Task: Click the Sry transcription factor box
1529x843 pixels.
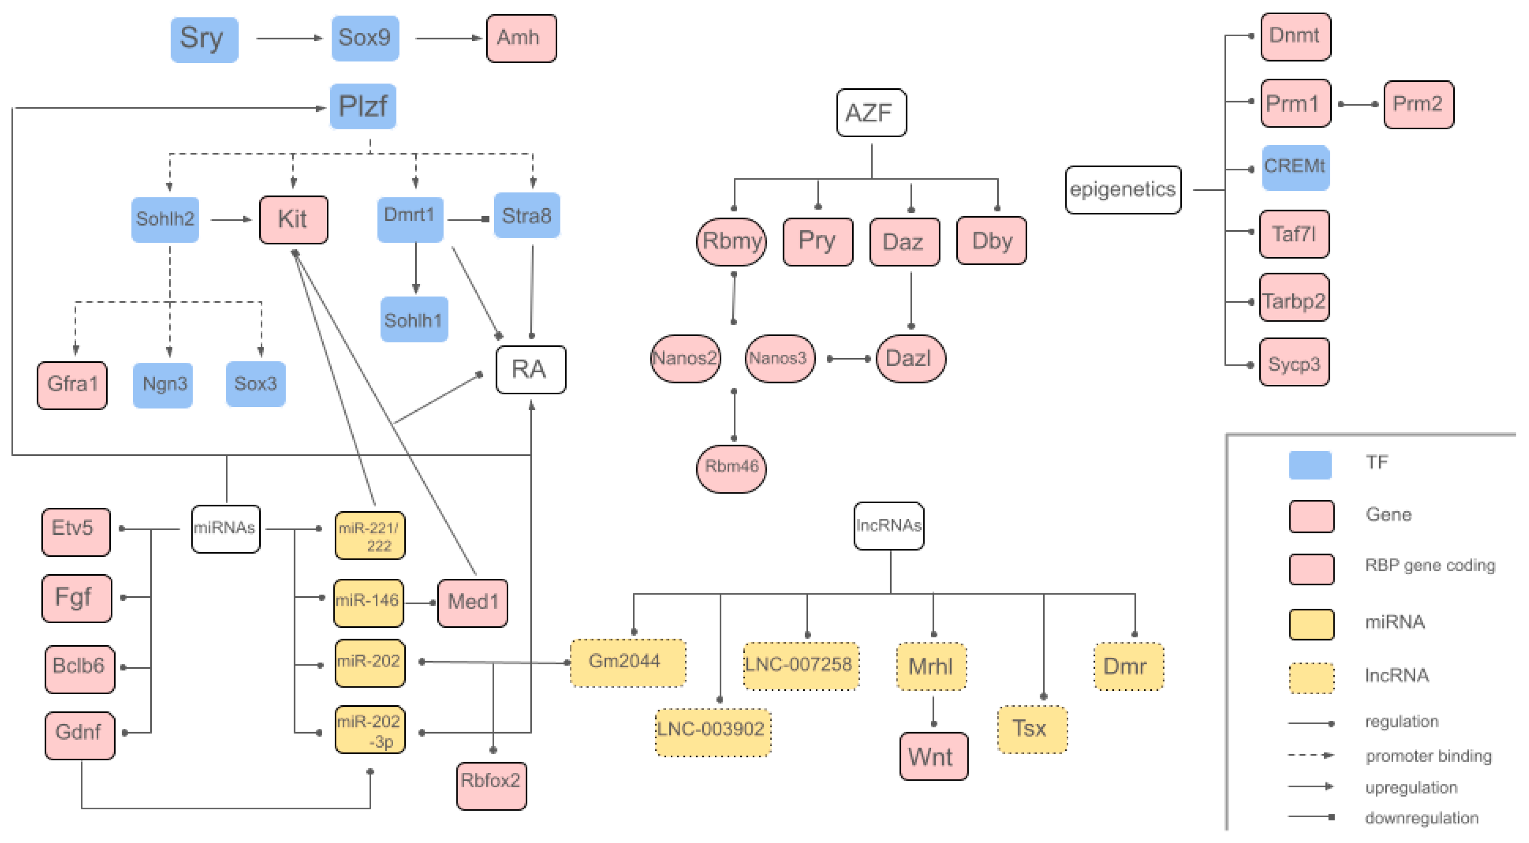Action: coord(204,39)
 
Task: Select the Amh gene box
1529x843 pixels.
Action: coord(521,39)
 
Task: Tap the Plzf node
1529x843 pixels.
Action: coord(363,107)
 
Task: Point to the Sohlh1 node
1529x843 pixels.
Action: coord(414,320)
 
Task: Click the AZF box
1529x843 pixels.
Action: coord(871,113)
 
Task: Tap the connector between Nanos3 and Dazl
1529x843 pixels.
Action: coord(849,359)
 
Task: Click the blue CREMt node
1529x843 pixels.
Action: coord(1295,167)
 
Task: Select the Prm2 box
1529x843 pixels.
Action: coord(1418,104)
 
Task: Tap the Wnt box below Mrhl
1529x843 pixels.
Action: coord(933,757)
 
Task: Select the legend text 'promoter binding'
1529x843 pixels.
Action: coord(1428,757)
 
